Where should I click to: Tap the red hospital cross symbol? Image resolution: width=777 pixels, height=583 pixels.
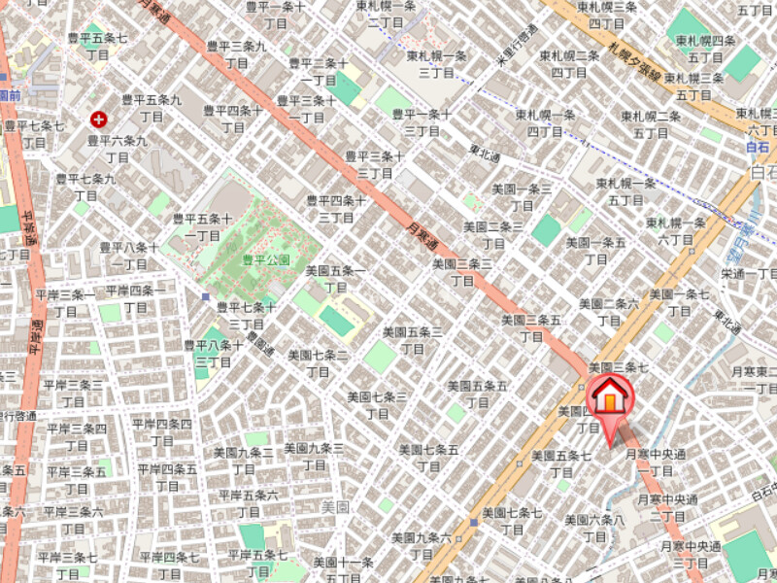click(x=98, y=120)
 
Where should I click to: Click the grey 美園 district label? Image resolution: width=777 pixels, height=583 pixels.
click(x=335, y=506)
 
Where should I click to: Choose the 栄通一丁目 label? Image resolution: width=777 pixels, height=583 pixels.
click(x=748, y=274)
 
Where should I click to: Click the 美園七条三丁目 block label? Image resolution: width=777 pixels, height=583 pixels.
click(x=376, y=405)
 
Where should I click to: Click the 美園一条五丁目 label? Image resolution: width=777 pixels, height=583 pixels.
click(x=597, y=250)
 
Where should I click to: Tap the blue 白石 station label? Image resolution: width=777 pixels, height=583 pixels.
click(x=757, y=147)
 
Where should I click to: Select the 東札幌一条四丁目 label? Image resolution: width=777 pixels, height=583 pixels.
click(x=544, y=121)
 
